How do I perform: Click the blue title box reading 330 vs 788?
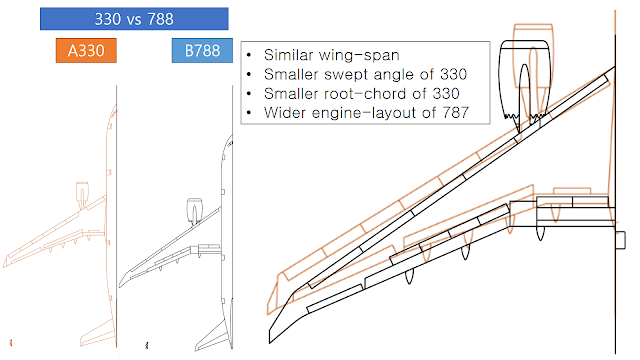click(134, 18)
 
